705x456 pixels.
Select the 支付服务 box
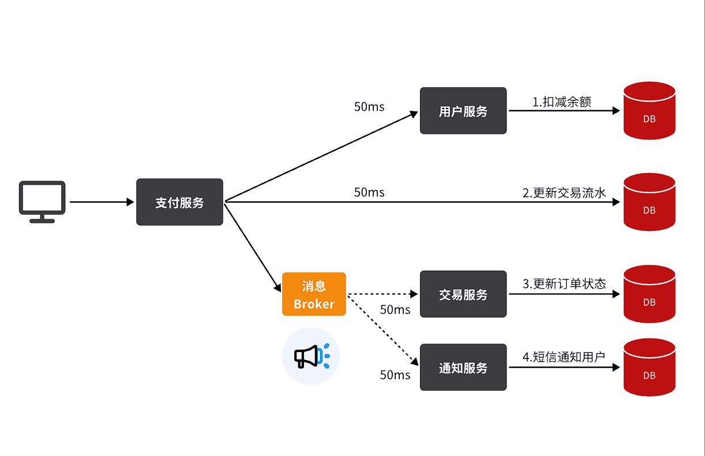click(179, 202)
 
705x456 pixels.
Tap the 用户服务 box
click(463, 111)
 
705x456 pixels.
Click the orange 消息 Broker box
click(314, 294)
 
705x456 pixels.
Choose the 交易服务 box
click(463, 294)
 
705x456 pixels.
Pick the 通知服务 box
click(463, 367)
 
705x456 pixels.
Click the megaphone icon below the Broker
click(311, 356)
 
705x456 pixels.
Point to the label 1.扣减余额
click(561, 102)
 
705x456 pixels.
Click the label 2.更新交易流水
click(564, 193)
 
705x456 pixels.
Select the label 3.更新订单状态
click(564, 283)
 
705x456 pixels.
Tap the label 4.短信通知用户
click(563, 357)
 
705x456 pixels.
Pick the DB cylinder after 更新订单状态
click(649, 294)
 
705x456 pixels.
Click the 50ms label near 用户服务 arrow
click(369, 107)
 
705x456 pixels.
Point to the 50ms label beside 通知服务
click(395, 375)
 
